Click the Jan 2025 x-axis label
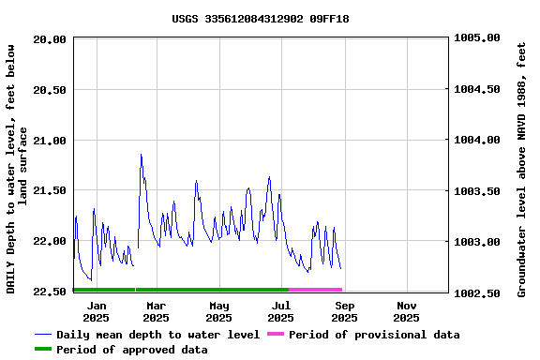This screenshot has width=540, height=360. click(x=97, y=311)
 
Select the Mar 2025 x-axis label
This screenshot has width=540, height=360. click(x=157, y=311)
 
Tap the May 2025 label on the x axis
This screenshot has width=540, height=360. click(x=218, y=311)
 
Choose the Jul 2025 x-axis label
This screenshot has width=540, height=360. click(x=280, y=311)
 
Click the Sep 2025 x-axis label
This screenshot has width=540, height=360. click(x=344, y=311)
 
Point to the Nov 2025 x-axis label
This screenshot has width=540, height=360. click(x=406, y=311)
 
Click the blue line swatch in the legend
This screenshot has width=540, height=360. click(x=43, y=335)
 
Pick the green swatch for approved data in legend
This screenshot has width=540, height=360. click(x=43, y=350)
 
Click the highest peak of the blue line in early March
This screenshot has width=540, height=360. click(x=141, y=155)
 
